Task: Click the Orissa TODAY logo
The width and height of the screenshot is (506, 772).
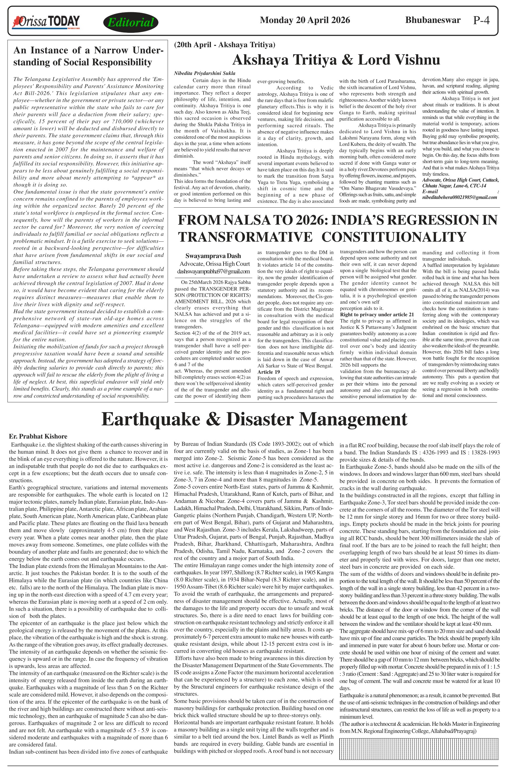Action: click(46, 22)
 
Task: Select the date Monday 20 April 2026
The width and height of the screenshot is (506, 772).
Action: click(304, 20)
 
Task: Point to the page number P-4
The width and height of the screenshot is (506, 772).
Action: click(481, 20)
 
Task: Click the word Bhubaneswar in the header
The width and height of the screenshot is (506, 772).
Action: click(433, 20)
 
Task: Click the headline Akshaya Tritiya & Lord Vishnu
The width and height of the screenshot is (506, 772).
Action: click(336, 60)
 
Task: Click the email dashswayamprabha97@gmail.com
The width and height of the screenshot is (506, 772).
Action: click(213, 271)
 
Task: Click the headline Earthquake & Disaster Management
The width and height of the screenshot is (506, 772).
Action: click(254, 419)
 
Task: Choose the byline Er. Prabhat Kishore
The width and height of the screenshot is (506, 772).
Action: click(38, 436)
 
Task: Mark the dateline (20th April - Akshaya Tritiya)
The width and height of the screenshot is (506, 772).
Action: click(225, 45)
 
